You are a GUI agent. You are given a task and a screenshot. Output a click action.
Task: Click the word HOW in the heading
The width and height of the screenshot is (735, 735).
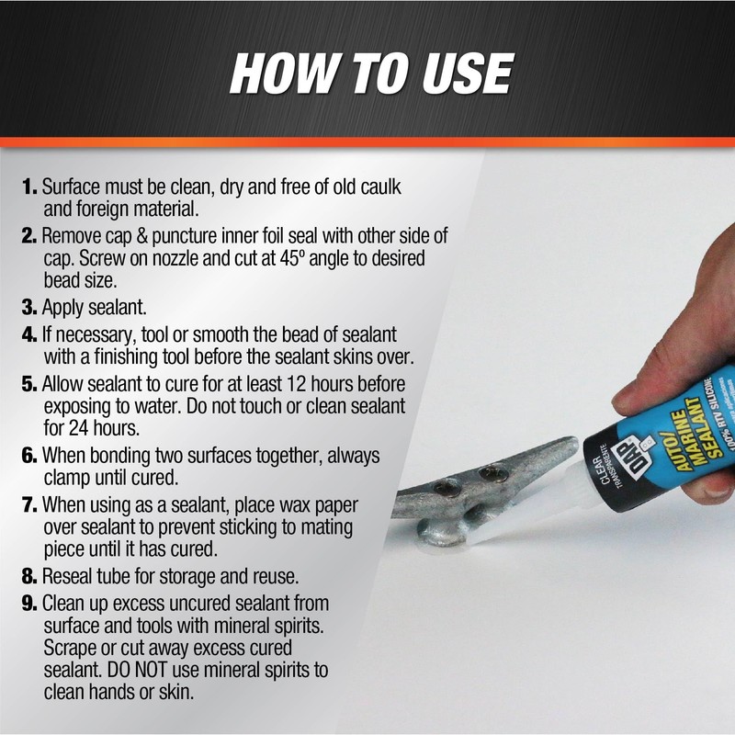tap(281, 73)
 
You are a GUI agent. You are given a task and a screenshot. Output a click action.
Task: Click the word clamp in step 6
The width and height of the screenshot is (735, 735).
tap(65, 477)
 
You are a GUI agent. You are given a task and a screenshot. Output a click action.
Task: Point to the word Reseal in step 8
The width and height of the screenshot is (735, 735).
tap(69, 578)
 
